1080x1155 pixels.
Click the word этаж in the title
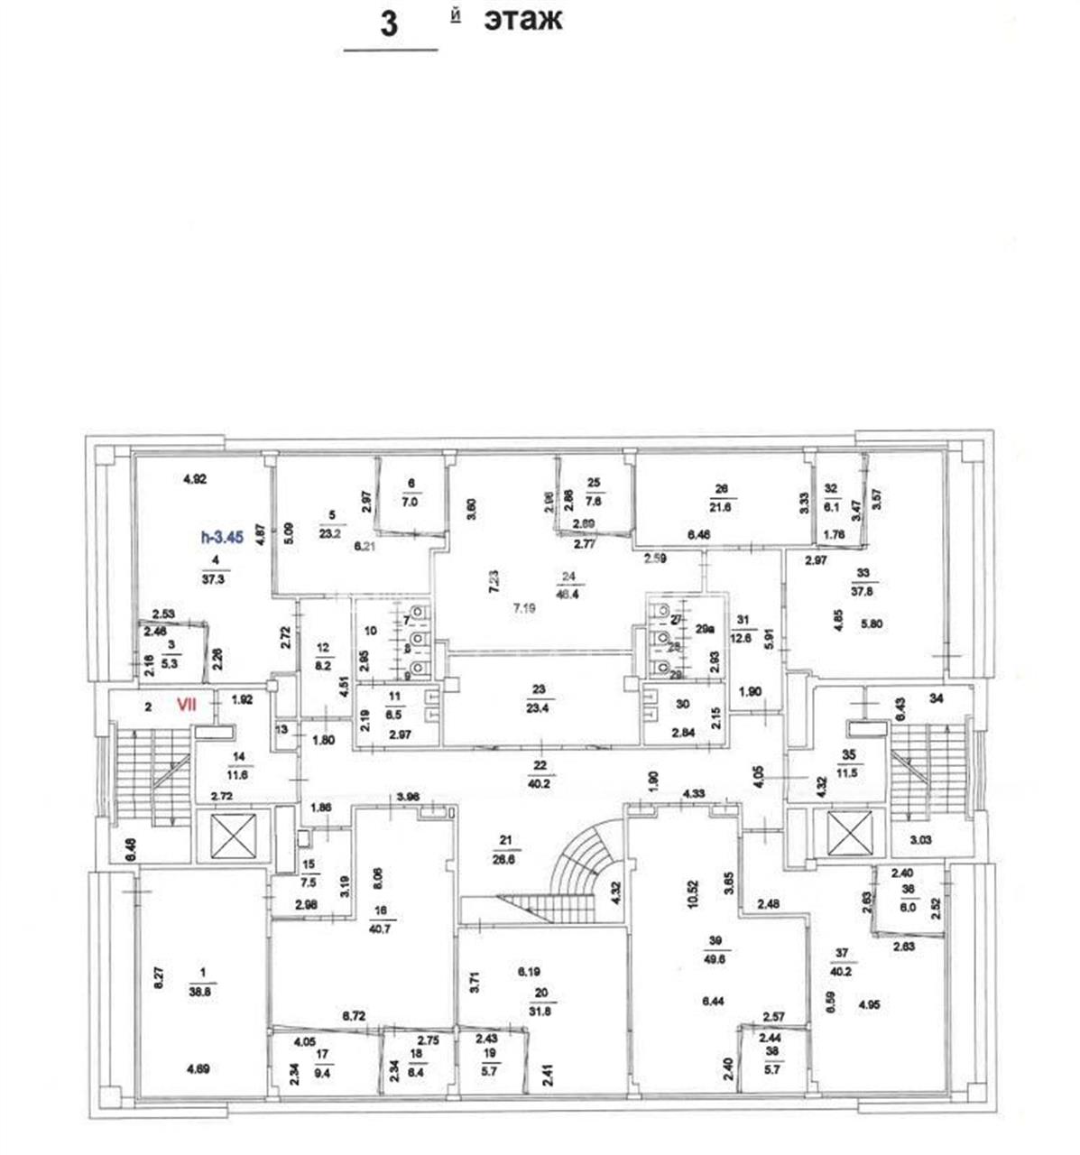click(x=522, y=19)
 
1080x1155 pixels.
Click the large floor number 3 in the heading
click(x=389, y=23)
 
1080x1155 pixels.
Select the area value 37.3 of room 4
click(x=214, y=580)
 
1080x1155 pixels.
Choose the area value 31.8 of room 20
click(x=541, y=1010)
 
